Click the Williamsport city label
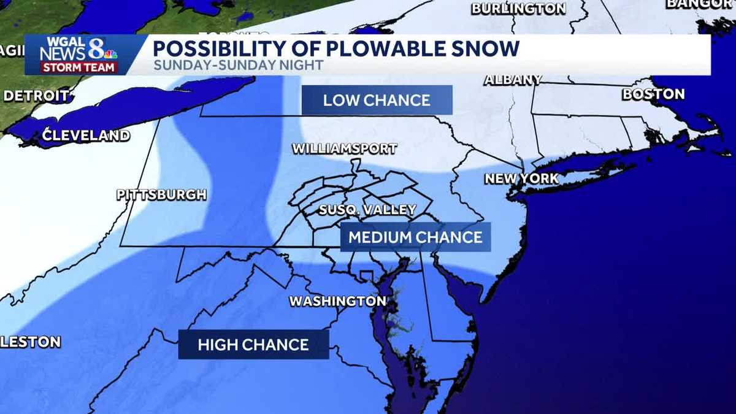coord(344,149)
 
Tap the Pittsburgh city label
coord(162,195)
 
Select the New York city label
coord(521,178)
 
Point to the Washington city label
coord(337,301)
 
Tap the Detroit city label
coord(37,96)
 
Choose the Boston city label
coord(653,94)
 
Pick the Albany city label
coord(513,80)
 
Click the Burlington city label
coord(518,9)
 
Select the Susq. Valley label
coord(367,210)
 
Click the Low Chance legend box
coord(377,100)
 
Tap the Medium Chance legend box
coord(416,237)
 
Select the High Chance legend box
coord(253,344)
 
